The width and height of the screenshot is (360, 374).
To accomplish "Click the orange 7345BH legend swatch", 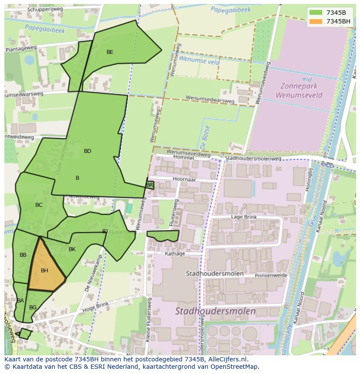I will pos(316,21).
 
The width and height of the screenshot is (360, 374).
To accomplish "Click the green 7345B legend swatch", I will pos(316,13).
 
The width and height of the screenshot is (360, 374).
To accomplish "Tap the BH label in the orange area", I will pos(44,271).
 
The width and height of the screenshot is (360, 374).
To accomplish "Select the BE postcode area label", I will pos(110,52).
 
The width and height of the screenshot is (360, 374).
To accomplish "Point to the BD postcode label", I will pos(87,151).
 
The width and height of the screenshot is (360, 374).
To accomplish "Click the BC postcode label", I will pos(39,205).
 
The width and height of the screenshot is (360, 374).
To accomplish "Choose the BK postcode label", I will pos(72,249).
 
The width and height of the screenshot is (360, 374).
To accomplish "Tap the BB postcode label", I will pos(23,255).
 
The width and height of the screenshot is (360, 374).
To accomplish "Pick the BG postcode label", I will pos(33,308).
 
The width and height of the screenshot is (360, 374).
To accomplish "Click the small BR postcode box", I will pos(150,185).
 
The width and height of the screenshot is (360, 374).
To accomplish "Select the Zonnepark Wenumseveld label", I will pos(299,90).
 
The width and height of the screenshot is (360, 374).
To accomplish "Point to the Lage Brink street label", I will pos(244,217).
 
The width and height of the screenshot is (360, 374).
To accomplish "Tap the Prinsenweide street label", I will pos(271,275).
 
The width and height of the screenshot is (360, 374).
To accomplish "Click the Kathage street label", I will pos(175,254).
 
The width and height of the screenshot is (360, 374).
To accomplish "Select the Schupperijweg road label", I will pos(45,9).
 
